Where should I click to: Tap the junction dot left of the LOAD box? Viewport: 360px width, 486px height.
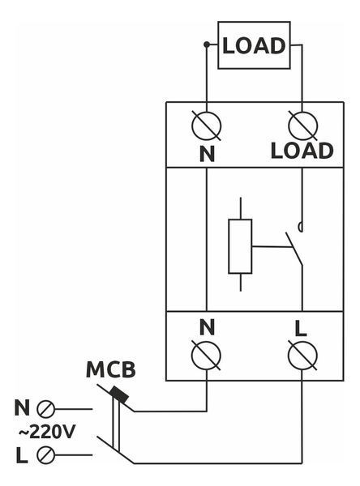click(x=207, y=45)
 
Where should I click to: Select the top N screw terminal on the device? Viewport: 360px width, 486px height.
click(x=207, y=126)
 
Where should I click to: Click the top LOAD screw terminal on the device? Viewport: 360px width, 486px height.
click(x=302, y=126)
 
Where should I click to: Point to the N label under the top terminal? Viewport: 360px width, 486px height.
click(x=207, y=154)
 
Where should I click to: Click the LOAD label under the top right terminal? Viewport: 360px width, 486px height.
click(x=302, y=151)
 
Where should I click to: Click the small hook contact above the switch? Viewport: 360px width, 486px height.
click(x=301, y=227)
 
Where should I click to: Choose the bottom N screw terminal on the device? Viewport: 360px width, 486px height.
click(x=207, y=356)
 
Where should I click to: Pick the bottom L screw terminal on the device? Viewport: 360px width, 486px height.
click(x=302, y=356)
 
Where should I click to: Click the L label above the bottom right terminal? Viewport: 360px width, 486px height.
click(x=301, y=329)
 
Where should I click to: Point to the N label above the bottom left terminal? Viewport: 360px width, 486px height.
click(x=207, y=327)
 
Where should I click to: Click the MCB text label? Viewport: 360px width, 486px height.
click(x=111, y=369)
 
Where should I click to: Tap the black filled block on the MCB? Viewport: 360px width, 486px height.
click(x=119, y=395)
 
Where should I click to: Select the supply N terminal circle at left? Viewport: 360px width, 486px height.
click(x=45, y=409)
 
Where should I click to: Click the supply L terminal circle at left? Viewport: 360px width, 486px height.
click(x=45, y=455)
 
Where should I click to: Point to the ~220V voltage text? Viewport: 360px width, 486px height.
click(x=47, y=432)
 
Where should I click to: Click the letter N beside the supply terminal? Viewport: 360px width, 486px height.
click(x=22, y=407)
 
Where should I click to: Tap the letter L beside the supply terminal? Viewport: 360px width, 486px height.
click(x=22, y=455)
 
